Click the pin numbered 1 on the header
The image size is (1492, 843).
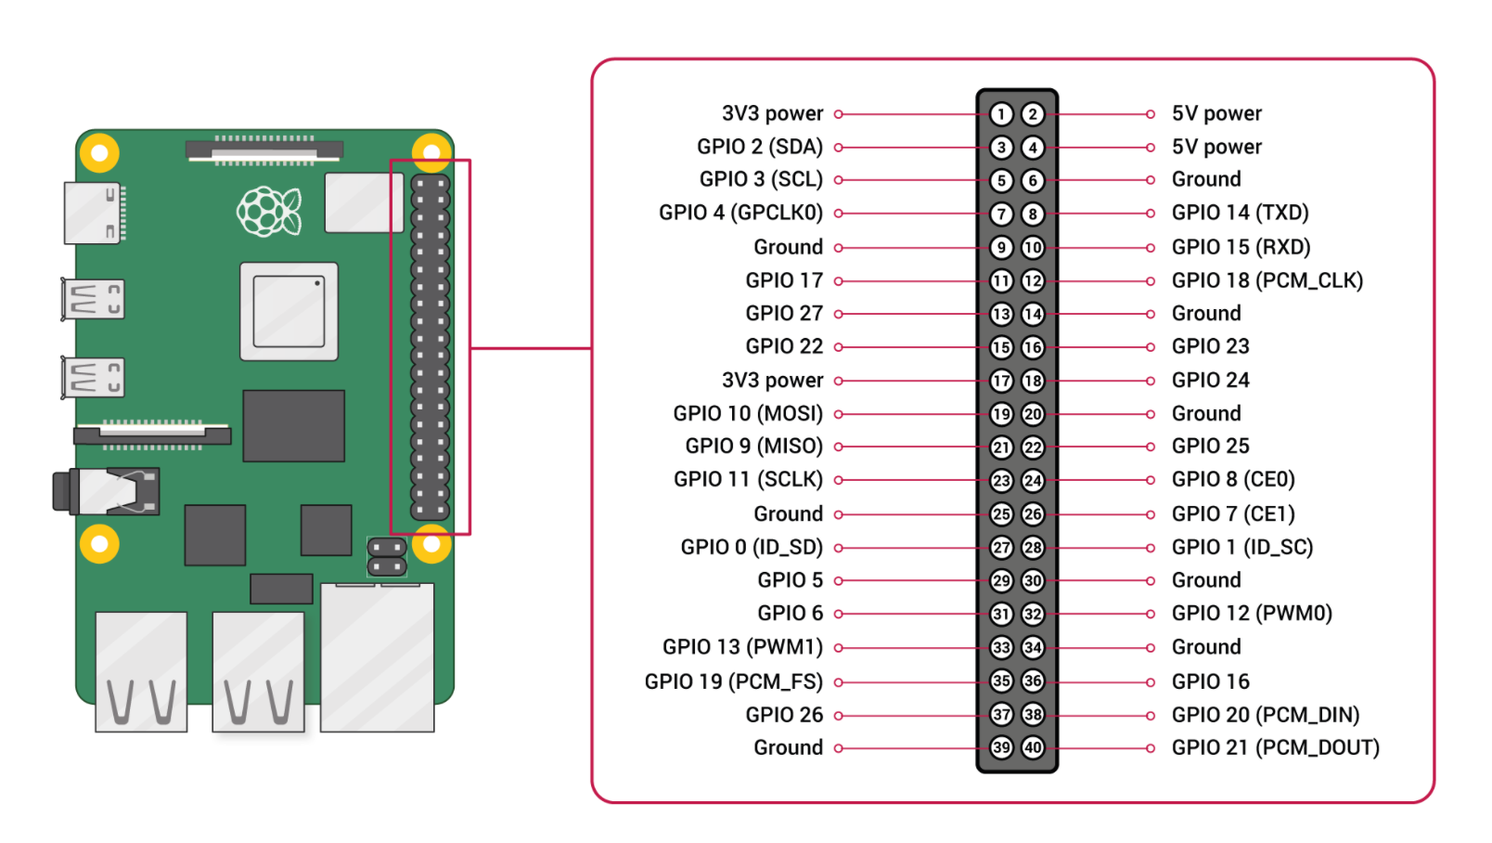pyautogui.click(x=1000, y=114)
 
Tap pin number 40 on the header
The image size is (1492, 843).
pyautogui.click(x=1033, y=747)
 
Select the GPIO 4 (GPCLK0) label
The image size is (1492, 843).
pyautogui.click(x=740, y=213)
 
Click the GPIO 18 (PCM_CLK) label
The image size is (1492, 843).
pyautogui.click(x=1267, y=280)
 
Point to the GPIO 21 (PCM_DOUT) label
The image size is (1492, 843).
pyautogui.click(x=1275, y=747)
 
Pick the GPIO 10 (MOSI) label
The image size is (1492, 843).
pyautogui.click(x=748, y=413)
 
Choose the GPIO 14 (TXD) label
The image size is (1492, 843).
pyautogui.click(x=1240, y=213)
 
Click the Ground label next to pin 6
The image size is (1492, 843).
pyautogui.click(x=1205, y=179)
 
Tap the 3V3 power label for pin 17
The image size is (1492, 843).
pyautogui.click(x=772, y=381)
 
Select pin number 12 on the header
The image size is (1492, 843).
pyautogui.click(x=1033, y=280)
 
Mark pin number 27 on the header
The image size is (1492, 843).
pyautogui.click(x=1000, y=548)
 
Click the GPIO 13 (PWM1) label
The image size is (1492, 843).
pyautogui.click(x=742, y=647)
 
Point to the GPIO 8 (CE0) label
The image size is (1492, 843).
pyautogui.click(x=1232, y=480)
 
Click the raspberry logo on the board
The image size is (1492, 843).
pyautogui.click(x=268, y=212)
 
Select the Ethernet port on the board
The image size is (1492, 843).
pyautogui.click(x=377, y=657)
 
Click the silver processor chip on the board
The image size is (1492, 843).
pyautogui.click(x=289, y=311)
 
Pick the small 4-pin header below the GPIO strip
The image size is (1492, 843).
pyautogui.click(x=387, y=556)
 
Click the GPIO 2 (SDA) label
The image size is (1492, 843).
pyautogui.click(x=759, y=147)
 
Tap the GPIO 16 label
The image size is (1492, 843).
pyautogui.click(x=1210, y=681)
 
